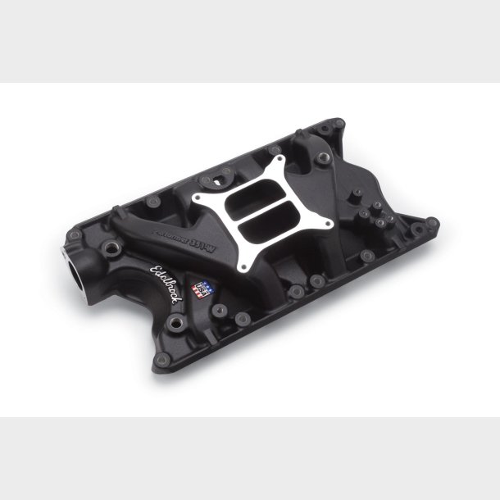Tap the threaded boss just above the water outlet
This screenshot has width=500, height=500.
(x=107, y=245)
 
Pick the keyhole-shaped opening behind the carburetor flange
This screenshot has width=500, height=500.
(x=224, y=173)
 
